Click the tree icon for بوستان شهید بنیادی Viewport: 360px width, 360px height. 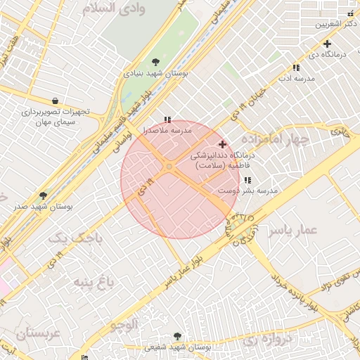[x=155, y=62]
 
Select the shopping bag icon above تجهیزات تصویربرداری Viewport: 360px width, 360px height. [x=55, y=101]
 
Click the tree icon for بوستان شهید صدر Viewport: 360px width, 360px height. [x=43, y=195]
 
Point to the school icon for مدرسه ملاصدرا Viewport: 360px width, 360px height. [x=167, y=120]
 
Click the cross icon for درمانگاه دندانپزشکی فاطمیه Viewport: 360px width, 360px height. [x=223, y=144]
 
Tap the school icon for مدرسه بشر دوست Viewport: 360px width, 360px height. [x=247, y=180]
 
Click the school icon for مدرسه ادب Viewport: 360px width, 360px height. [x=296, y=67]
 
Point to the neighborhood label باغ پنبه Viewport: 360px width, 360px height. [x=92, y=283]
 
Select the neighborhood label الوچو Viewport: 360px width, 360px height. [x=124, y=324]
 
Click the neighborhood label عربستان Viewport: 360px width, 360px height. [x=31, y=333]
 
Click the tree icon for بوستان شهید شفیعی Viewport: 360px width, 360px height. [x=177, y=336]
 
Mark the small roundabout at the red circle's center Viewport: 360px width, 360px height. [x=169, y=166]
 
